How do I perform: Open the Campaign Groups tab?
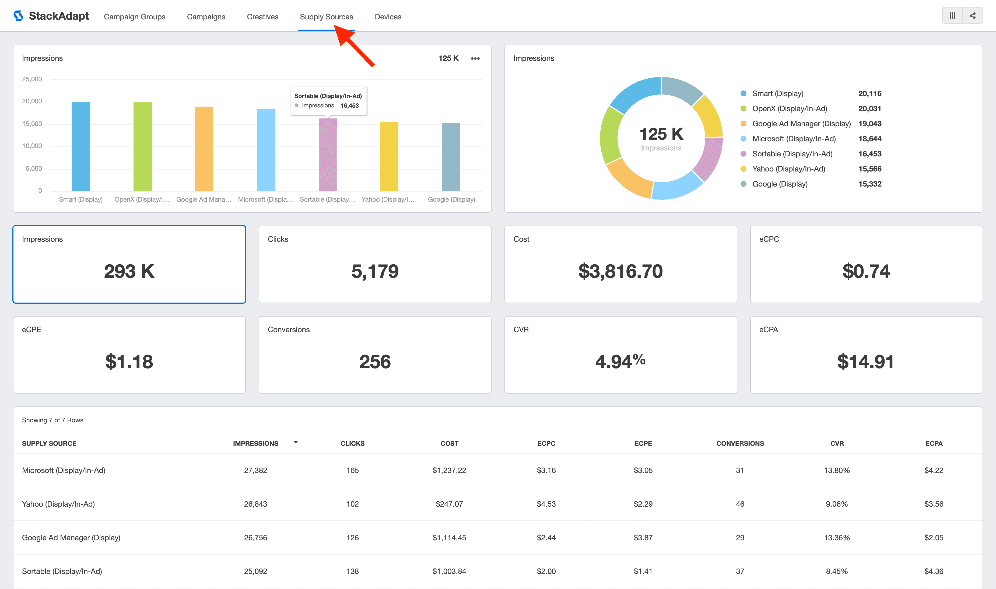click(x=135, y=17)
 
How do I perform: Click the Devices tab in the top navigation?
click(x=388, y=17)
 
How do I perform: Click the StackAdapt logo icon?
click(x=18, y=16)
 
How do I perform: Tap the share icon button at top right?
click(x=973, y=16)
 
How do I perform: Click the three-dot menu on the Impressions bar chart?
click(x=475, y=58)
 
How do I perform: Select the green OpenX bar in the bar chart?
click(x=142, y=147)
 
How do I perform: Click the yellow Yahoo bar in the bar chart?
click(x=389, y=157)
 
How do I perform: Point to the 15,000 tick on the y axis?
click(x=32, y=124)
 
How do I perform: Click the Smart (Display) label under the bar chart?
click(x=80, y=199)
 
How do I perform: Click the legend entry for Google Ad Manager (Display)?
click(x=801, y=124)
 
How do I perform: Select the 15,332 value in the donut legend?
click(x=869, y=184)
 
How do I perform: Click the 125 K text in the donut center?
click(x=661, y=134)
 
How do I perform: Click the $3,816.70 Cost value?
click(x=620, y=271)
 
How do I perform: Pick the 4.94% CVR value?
click(x=620, y=362)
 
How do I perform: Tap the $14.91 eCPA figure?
click(x=865, y=362)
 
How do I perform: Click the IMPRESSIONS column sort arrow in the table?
click(x=296, y=442)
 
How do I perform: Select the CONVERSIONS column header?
click(x=740, y=443)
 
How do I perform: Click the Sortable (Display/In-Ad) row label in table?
click(x=62, y=571)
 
